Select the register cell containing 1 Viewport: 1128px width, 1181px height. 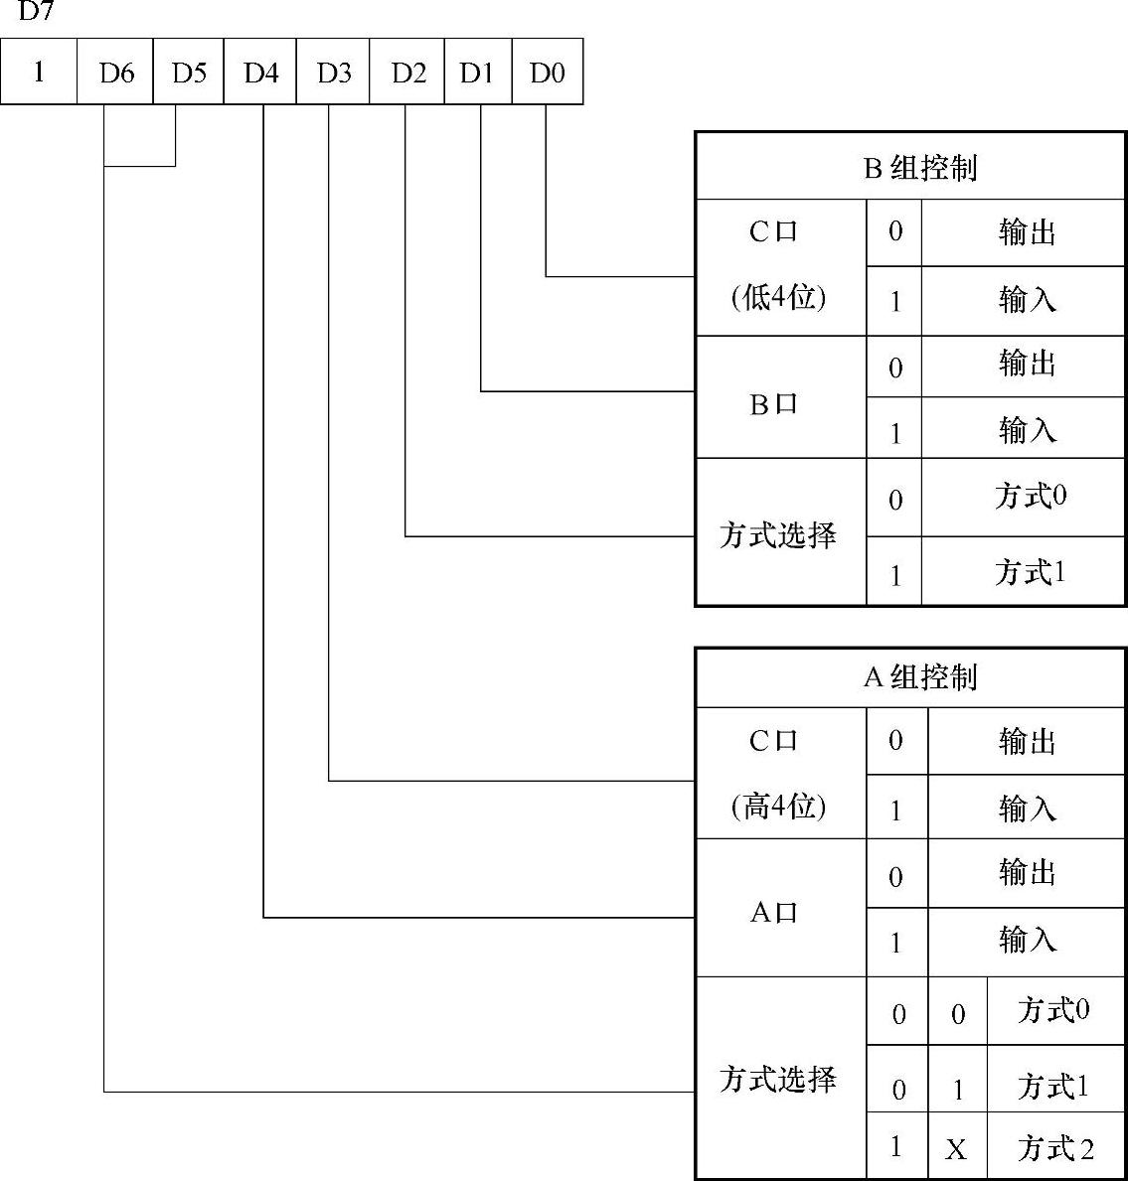point(39,73)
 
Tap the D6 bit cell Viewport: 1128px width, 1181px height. point(116,73)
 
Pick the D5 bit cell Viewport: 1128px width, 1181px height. point(189,73)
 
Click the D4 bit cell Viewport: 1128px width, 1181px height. point(261,73)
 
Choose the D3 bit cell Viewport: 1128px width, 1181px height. point(334,73)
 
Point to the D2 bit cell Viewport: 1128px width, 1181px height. point(407,73)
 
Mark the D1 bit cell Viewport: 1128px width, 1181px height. point(477,73)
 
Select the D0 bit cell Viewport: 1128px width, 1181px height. point(547,73)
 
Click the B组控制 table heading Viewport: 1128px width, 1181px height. point(920,168)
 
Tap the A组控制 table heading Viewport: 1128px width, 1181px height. point(920,677)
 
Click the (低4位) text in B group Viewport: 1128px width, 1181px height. point(778,297)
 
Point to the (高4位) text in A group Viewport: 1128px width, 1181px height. point(778,806)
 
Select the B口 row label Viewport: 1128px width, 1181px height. point(773,404)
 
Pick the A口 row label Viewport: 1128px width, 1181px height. point(773,912)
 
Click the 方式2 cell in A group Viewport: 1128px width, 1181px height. point(1054,1148)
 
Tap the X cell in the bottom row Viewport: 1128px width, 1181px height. point(956,1149)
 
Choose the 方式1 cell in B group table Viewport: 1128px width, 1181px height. point(1030,572)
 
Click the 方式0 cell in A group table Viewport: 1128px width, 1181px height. point(1053,1010)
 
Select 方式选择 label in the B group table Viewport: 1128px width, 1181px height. point(778,535)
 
